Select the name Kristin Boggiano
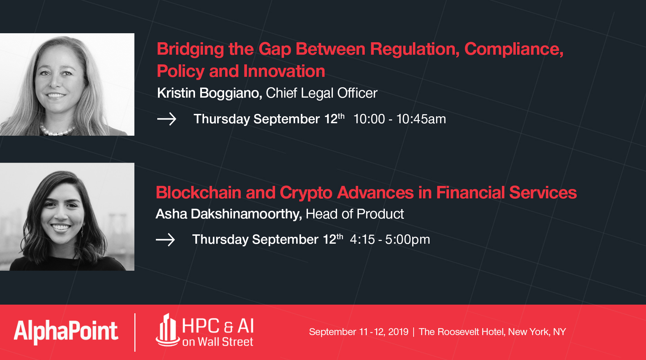pos(209,93)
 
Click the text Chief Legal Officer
pos(321,93)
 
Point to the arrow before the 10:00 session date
pos(167,119)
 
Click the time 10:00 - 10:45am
pos(399,119)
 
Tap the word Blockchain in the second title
pos(198,193)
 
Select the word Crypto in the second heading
pos(306,193)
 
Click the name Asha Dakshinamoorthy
pos(228,214)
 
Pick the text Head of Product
pos(355,214)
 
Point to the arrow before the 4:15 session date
pos(165,240)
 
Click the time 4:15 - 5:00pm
pos(390,240)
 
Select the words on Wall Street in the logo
pos(218,342)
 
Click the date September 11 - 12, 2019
pos(359,332)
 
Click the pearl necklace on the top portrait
pos(57,131)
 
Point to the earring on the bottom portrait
pos(82,231)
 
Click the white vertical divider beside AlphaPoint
pos(135,332)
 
